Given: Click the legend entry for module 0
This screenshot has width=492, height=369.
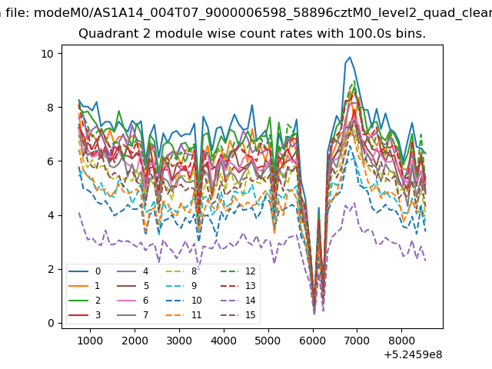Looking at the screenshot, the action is [85, 271].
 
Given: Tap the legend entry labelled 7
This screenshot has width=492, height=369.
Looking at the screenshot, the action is [132, 314].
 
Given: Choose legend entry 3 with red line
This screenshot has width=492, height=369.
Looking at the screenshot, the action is [85, 314].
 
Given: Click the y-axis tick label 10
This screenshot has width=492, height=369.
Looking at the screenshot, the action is [48, 54].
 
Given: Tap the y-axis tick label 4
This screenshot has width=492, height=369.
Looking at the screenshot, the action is [51, 215].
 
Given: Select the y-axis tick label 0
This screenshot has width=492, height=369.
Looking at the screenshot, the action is [51, 323].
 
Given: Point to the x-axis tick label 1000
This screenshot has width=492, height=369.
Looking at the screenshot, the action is [90, 341].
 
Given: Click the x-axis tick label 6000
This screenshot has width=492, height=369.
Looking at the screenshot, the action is [313, 341].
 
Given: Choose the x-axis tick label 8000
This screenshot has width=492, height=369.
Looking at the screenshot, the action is [401, 341].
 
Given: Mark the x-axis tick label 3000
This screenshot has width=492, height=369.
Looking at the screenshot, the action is [179, 341].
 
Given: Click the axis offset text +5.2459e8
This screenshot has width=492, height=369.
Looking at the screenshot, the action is [413, 354].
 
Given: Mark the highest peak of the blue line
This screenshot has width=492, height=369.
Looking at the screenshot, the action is [350, 57].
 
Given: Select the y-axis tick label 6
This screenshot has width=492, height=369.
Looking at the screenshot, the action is [51, 161].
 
